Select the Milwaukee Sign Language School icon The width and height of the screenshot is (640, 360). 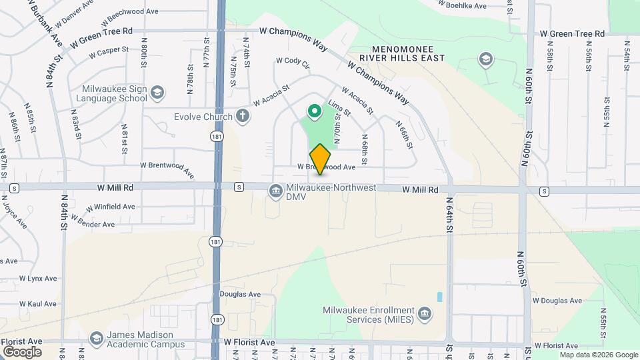pyautogui.click(x=157, y=93)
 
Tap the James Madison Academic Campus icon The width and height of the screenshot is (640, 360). pyautogui.click(x=97, y=339)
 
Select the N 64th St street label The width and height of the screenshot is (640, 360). pyautogui.click(x=450, y=214)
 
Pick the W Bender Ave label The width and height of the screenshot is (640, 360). pyautogui.click(x=92, y=222)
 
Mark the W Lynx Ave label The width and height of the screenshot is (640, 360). pyautogui.click(x=38, y=278)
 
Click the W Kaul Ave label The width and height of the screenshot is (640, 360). pyautogui.click(x=37, y=303)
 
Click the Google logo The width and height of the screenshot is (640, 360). pyautogui.click(x=22, y=351)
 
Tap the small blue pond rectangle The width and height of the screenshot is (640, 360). pyautogui.click(x=439, y=295)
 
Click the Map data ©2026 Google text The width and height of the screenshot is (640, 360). pyautogui.click(x=598, y=355)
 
